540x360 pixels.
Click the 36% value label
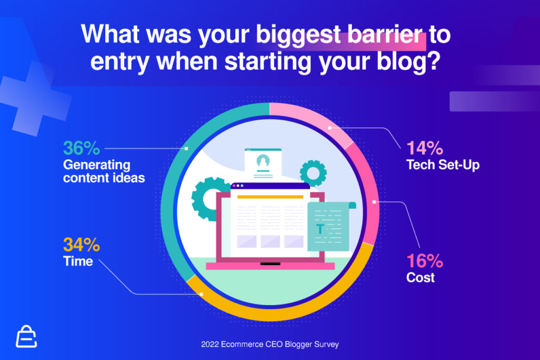pos(82,148)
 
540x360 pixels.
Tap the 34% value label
pos(82,245)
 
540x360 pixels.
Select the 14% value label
pos(424,148)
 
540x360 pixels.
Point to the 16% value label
pos(424,261)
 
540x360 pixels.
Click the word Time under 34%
pos(78,262)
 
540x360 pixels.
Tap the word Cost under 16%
pos(420,278)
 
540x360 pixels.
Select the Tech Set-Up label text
pos(443,165)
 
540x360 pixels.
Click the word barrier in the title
pos(384,34)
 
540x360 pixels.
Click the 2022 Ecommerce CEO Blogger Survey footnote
pos(270,344)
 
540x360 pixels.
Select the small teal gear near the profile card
pos(313,173)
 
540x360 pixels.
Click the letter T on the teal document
pos(320,229)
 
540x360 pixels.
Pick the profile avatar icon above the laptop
pos(263,161)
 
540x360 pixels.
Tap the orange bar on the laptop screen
pos(271,197)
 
